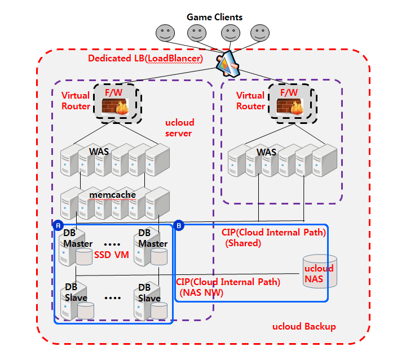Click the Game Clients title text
(x=214, y=17)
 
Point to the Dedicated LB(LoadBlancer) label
(x=145, y=58)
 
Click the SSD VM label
(x=112, y=255)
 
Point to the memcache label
(x=113, y=194)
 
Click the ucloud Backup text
(x=304, y=327)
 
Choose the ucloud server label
(x=178, y=128)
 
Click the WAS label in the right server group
(x=266, y=153)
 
